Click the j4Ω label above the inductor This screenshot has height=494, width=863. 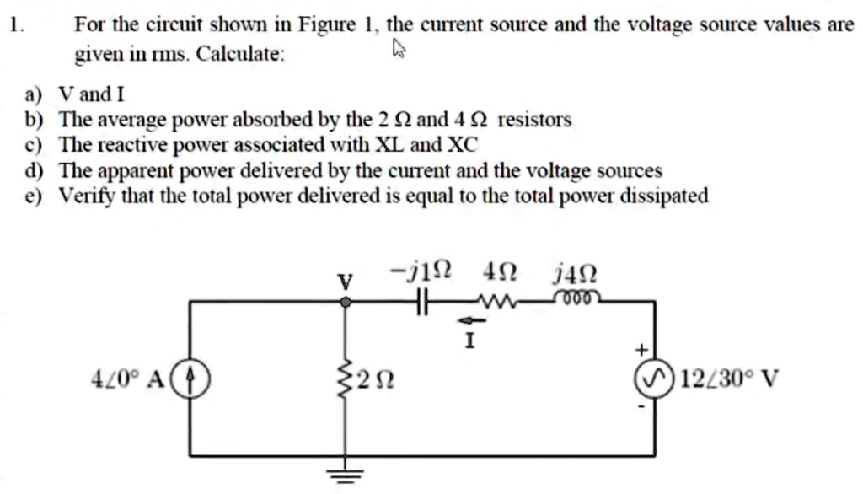576,273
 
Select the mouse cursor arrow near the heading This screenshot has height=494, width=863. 399,53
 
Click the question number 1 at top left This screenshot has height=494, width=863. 14,24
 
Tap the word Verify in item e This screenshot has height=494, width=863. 85,196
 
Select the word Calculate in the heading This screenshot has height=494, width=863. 240,55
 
